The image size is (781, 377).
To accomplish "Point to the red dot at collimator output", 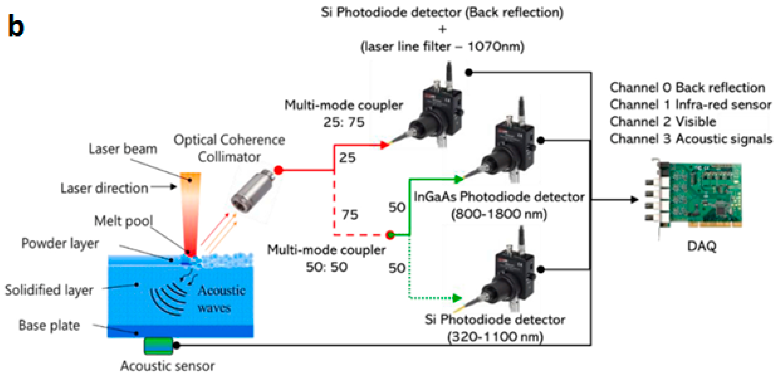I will pos(278,170).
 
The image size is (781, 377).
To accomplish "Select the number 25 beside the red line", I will pos(347,158).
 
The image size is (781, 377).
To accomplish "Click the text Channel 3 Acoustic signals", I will pos(691,139).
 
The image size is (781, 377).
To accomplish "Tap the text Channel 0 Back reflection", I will pos(687,87).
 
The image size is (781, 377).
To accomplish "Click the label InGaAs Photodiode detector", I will pos(499,197).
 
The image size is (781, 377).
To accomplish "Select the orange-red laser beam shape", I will pos(190,212).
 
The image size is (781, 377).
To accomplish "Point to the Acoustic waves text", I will pos(221,299).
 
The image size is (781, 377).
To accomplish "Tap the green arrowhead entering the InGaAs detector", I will pos(459,179).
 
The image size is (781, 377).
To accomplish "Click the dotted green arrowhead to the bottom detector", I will pos(457,298).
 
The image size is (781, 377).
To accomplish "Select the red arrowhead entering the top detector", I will pos(384,145).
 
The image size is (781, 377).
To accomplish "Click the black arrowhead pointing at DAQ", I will pos(634,199).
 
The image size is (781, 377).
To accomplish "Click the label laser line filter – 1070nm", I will pos(442,47).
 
